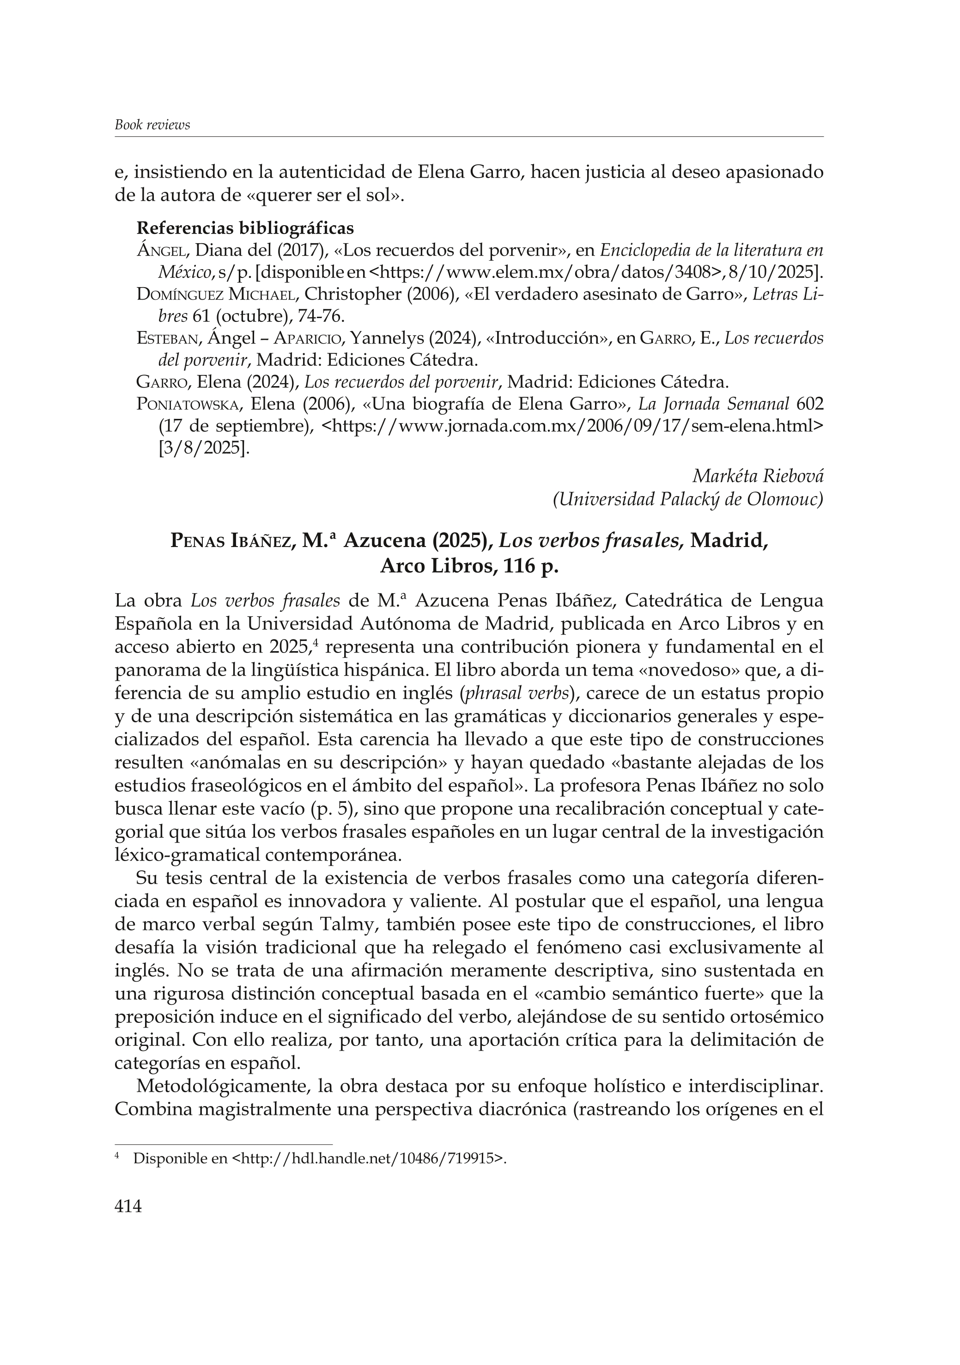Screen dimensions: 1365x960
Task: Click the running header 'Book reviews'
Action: (x=152, y=125)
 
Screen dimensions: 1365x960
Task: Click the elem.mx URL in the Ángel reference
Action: (x=545, y=272)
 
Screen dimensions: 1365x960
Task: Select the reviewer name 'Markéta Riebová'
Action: (x=758, y=476)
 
